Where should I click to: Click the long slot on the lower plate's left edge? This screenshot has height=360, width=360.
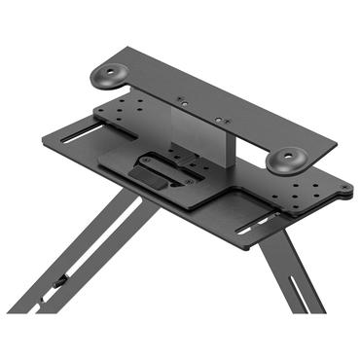point(82,134)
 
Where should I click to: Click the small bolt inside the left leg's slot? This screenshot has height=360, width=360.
point(61,280)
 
